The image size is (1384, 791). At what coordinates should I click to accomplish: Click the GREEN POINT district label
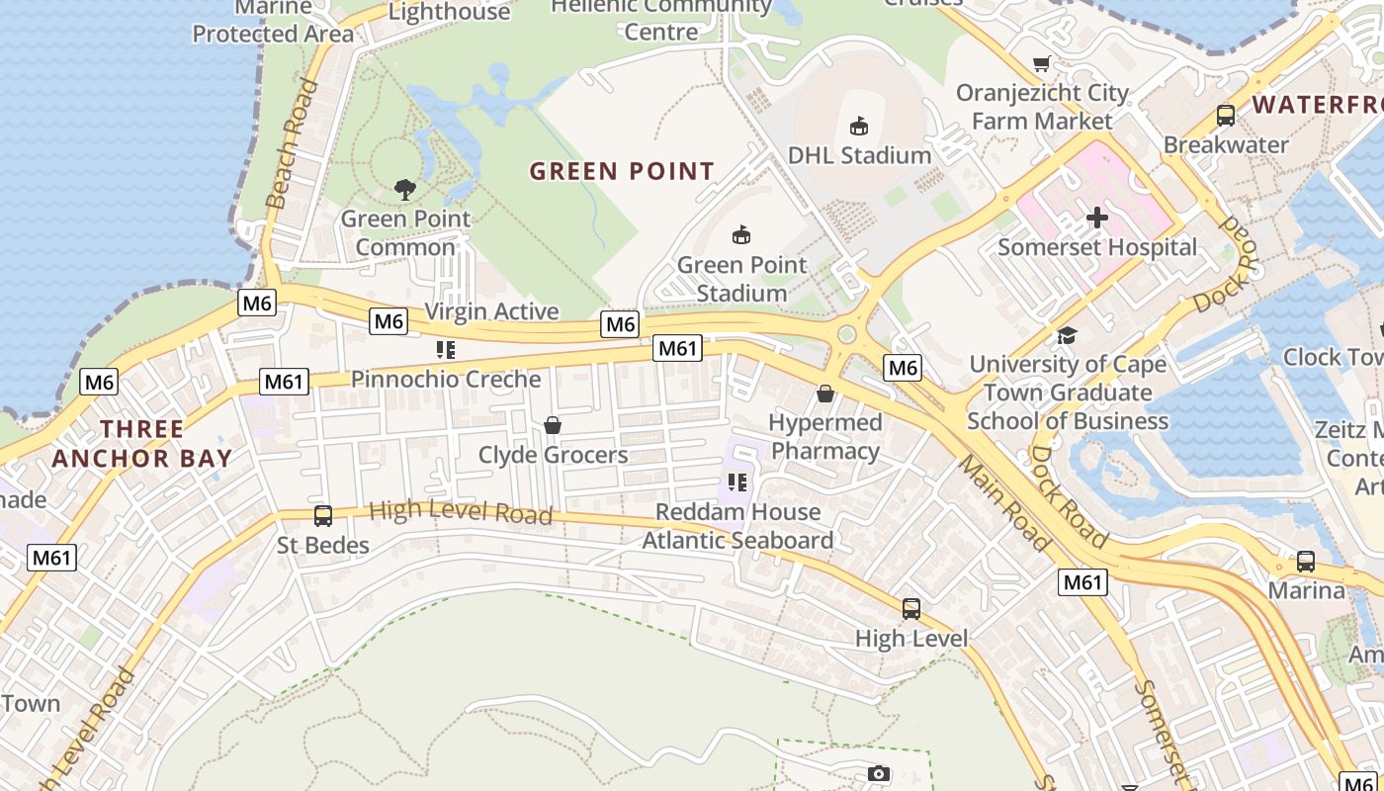(622, 171)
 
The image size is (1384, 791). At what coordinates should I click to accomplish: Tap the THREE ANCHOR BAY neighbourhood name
(142, 444)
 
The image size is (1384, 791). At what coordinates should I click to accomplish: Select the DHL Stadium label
(859, 155)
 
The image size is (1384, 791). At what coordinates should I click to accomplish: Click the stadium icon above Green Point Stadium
(741, 234)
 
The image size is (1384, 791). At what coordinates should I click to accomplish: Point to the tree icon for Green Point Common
(404, 189)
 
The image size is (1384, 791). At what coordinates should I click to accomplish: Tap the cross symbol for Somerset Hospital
(1097, 218)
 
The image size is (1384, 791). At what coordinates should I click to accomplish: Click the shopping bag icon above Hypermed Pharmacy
(825, 394)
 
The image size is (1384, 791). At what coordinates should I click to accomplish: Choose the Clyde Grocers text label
(553, 455)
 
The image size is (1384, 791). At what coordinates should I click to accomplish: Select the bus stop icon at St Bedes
(323, 515)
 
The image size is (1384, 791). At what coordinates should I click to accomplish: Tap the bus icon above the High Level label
(911, 609)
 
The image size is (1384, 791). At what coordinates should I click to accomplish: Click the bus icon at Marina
(1306, 562)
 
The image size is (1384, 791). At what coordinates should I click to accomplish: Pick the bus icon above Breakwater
(1226, 115)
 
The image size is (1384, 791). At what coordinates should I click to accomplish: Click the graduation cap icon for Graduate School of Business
(1067, 335)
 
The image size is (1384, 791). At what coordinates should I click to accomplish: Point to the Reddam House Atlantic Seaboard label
(737, 526)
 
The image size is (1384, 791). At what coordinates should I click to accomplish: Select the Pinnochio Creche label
(446, 379)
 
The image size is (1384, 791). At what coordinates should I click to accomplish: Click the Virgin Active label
(491, 311)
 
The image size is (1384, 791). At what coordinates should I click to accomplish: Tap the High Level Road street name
(460, 512)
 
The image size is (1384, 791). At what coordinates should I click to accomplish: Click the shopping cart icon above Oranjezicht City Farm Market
(1041, 64)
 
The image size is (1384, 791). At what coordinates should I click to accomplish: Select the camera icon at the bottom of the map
(879, 773)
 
